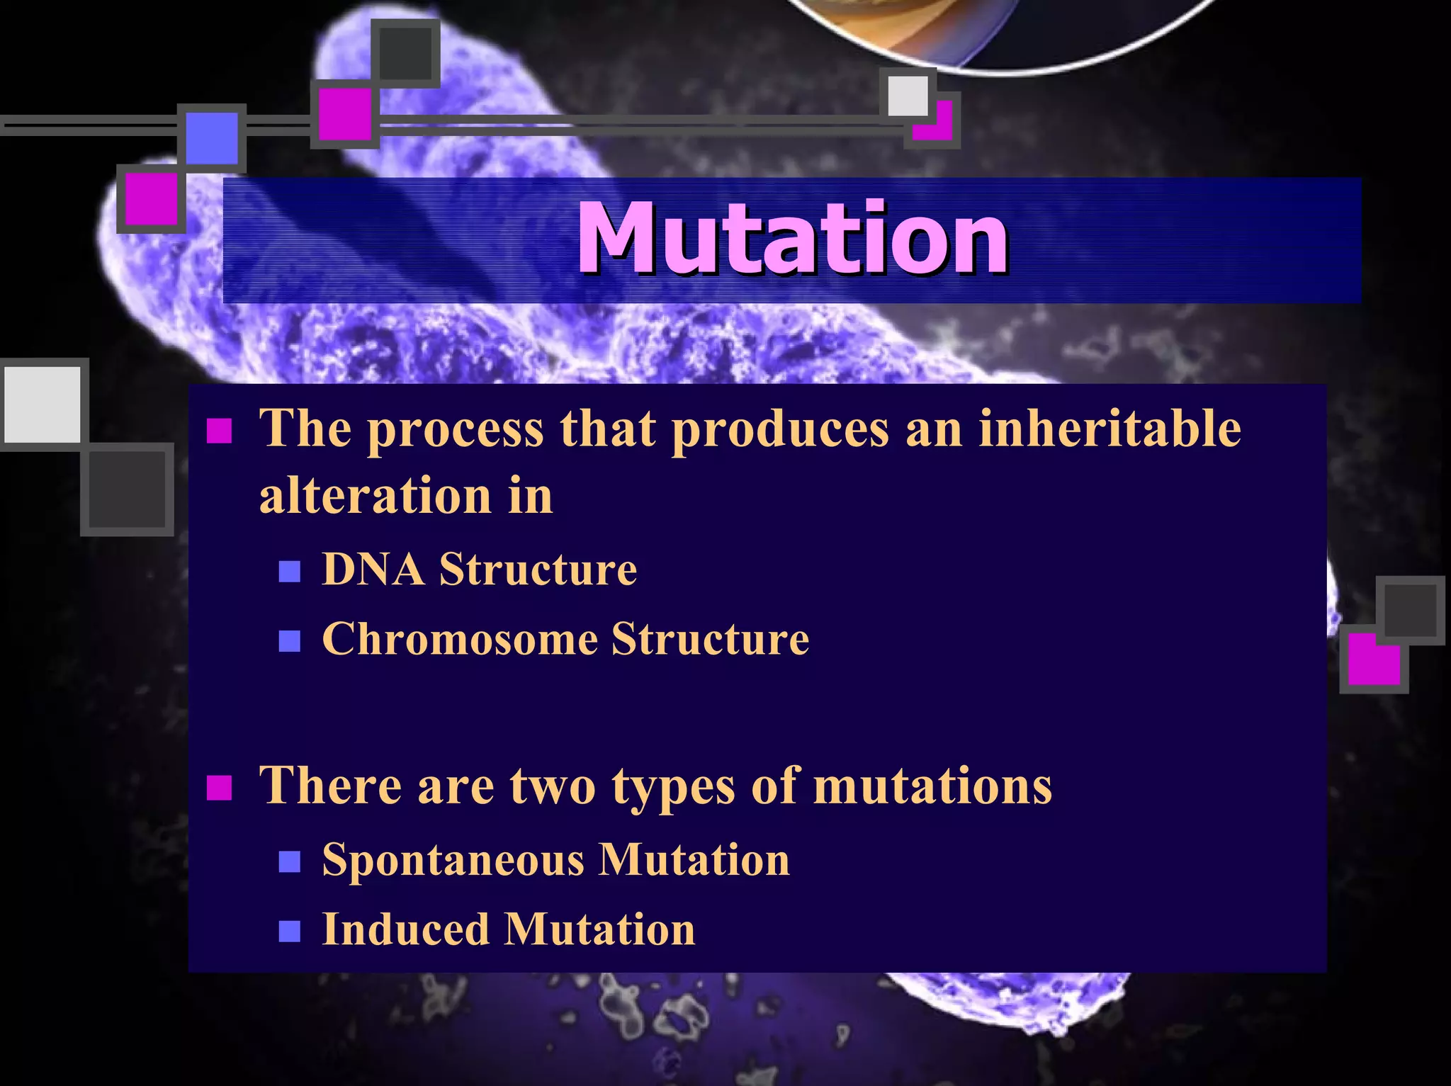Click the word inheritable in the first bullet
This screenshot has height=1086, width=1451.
pyautogui.click(x=1110, y=429)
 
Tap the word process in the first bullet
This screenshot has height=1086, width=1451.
pyautogui.click(x=456, y=430)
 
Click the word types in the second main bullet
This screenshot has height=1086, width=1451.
pyautogui.click(x=673, y=786)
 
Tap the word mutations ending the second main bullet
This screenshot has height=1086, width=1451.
pyautogui.click(x=932, y=786)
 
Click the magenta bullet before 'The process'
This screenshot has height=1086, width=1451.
pyautogui.click(x=219, y=430)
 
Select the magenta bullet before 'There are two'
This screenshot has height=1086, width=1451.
pyautogui.click(x=219, y=787)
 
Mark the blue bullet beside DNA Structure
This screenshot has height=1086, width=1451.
pyautogui.click(x=289, y=571)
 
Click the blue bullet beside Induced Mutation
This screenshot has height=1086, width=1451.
pyautogui.click(x=289, y=931)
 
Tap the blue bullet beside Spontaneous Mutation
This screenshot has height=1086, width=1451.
pyautogui.click(x=289, y=861)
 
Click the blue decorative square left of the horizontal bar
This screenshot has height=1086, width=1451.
pyautogui.click(x=211, y=138)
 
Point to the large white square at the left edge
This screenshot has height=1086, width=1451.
pyautogui.click(x=43, y=405)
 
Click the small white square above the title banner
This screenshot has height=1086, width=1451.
pyautogui.click(x=907, y=95)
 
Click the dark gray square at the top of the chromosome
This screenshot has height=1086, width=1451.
pyautogui.click(x=405, y=54)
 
